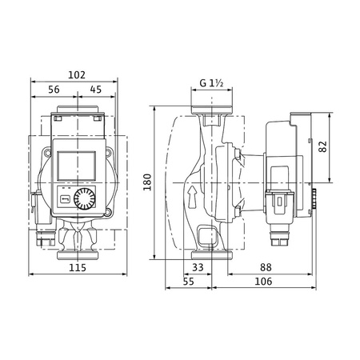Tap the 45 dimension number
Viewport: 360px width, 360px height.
tap(95, 90)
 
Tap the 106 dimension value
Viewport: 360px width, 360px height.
tap(262, 281)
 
